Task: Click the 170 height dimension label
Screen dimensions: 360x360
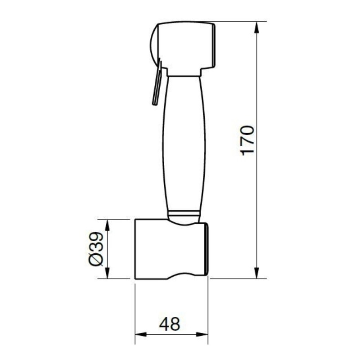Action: click(x=247, y=140)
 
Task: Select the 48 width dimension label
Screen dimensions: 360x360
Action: click(x=170, y=324)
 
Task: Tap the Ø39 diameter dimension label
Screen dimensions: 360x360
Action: click(x=96, y=249)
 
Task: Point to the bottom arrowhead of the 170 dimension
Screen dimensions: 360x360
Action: click(x=256, y=273)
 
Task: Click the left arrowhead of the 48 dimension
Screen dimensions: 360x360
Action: click(x=141, y=334)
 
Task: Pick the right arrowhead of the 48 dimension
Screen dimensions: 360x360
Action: click(x=202, y=334)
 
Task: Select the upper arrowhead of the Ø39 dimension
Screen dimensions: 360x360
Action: click(x=107, y=225)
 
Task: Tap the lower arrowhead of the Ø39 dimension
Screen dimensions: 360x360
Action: click(x=107, y=273)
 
